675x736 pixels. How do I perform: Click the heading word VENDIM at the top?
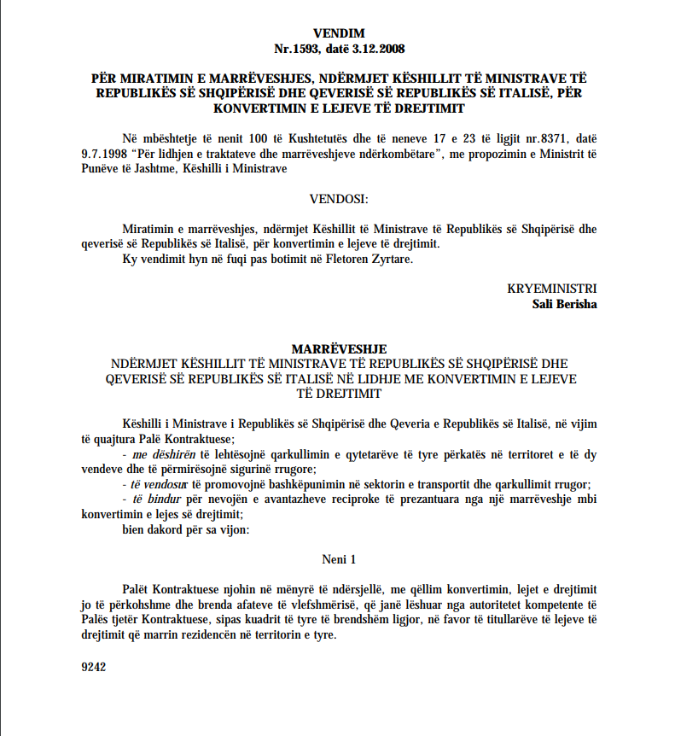[339, 33]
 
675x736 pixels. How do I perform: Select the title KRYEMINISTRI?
[552, 289]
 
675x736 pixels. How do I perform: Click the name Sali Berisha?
[564, 303]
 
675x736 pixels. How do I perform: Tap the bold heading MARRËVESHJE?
[339, 348]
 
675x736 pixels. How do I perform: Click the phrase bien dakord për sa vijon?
[175, 529]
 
